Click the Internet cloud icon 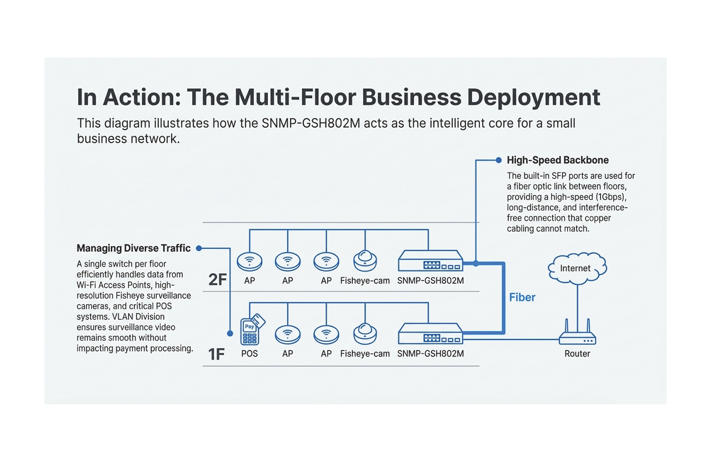click(577, 268)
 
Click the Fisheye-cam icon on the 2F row click(365, 260)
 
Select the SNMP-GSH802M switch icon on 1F click(430, 334)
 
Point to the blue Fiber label click(522, 297)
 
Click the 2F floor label click(217, 279)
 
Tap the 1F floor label click(216, 354)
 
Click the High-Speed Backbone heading click(558, 161)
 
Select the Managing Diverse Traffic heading click(133, 248)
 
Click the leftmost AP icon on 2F click(249, 260)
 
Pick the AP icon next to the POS click(287, 334)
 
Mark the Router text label click(577, 354)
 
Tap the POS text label click(249, 354)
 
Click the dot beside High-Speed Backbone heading click(498, 161)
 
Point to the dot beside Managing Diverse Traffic click(199, 248)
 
